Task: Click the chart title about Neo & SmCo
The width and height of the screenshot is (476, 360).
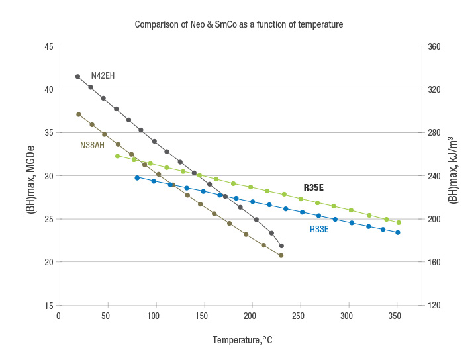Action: [238, 24]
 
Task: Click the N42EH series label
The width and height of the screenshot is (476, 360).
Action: [103, 76]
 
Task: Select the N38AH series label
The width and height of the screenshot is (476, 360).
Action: [92, 145]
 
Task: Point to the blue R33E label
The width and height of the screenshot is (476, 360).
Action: [319, 230]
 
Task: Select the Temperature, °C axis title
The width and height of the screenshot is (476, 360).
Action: [242, 341]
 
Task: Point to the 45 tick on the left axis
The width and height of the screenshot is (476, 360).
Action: [49, 46]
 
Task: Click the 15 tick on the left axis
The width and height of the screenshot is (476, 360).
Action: [49, 306]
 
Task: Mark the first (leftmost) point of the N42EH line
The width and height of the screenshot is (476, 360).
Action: [77, 77]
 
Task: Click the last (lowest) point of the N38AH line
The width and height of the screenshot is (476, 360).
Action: [281, 255]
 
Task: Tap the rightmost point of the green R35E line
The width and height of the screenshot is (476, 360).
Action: [399, 223]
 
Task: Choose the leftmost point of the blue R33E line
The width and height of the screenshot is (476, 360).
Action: [137, 177]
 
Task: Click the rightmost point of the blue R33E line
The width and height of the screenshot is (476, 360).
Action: [397, 232]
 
